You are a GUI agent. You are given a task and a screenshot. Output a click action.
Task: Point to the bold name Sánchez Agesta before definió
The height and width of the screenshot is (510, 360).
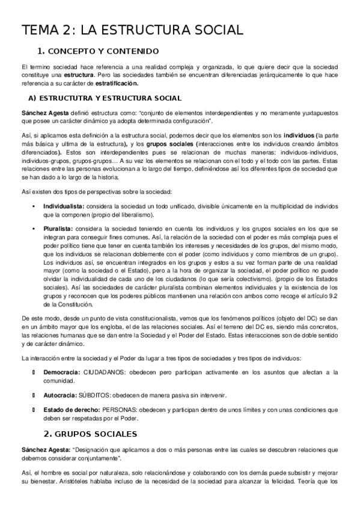(43, 113)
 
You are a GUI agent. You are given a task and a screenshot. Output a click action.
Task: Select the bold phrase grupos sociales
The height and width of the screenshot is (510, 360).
(170, 143)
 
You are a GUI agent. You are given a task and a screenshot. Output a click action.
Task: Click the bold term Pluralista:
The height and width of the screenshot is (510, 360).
(58, 229)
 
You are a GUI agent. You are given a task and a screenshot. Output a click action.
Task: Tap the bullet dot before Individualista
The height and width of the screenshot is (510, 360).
(33, 206)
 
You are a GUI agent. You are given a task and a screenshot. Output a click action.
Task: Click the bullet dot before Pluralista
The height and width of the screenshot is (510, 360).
(33, 229)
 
